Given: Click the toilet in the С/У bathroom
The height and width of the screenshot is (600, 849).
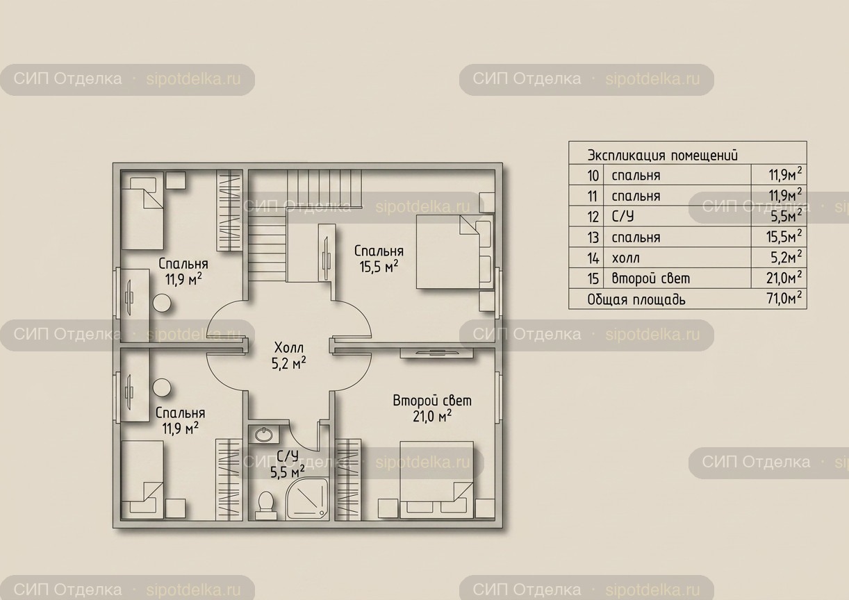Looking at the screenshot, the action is pos(265,505).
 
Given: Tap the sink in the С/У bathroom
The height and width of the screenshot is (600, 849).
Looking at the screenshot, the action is pos(264,434).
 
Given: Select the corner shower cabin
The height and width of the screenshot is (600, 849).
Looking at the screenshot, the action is pos(307,499).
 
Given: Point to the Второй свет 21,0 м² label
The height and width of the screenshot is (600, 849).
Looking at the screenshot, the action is pos(432,409).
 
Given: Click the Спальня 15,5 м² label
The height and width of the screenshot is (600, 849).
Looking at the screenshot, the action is pos(379,259).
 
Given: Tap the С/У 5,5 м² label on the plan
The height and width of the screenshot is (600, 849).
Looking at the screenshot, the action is pos(288,465).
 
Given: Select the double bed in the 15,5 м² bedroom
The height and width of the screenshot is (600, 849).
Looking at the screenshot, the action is pos(455,252).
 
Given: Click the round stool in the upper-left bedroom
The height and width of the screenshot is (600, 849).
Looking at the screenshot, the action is pos(162,303).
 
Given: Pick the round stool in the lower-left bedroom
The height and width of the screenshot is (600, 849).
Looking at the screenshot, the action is pos(162,387).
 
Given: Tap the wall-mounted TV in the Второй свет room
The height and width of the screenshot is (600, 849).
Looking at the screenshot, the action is pos(436,353).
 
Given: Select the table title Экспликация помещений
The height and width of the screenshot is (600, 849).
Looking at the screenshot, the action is pos(663,156).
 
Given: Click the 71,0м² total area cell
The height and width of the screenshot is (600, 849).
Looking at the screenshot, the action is pos(784,299).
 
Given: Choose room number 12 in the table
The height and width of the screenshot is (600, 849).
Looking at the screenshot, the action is pos(593,217).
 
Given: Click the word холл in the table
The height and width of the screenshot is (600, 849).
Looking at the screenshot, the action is pos(626,258).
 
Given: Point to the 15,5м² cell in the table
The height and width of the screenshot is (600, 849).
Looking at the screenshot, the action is pos(784,236).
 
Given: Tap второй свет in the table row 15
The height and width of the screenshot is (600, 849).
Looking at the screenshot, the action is pos(651,278).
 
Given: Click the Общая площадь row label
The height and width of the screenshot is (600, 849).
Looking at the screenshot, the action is pos(636,299).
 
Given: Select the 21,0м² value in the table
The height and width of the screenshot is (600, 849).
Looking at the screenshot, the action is pos(784,278).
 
